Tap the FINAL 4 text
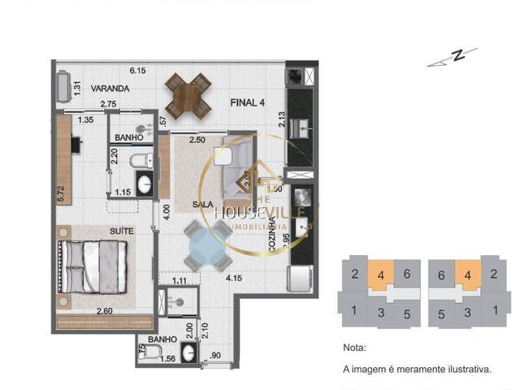coord(249,102)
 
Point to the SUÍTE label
coord(122,232)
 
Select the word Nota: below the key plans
coord(355,347)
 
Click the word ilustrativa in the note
coord(466,370)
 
